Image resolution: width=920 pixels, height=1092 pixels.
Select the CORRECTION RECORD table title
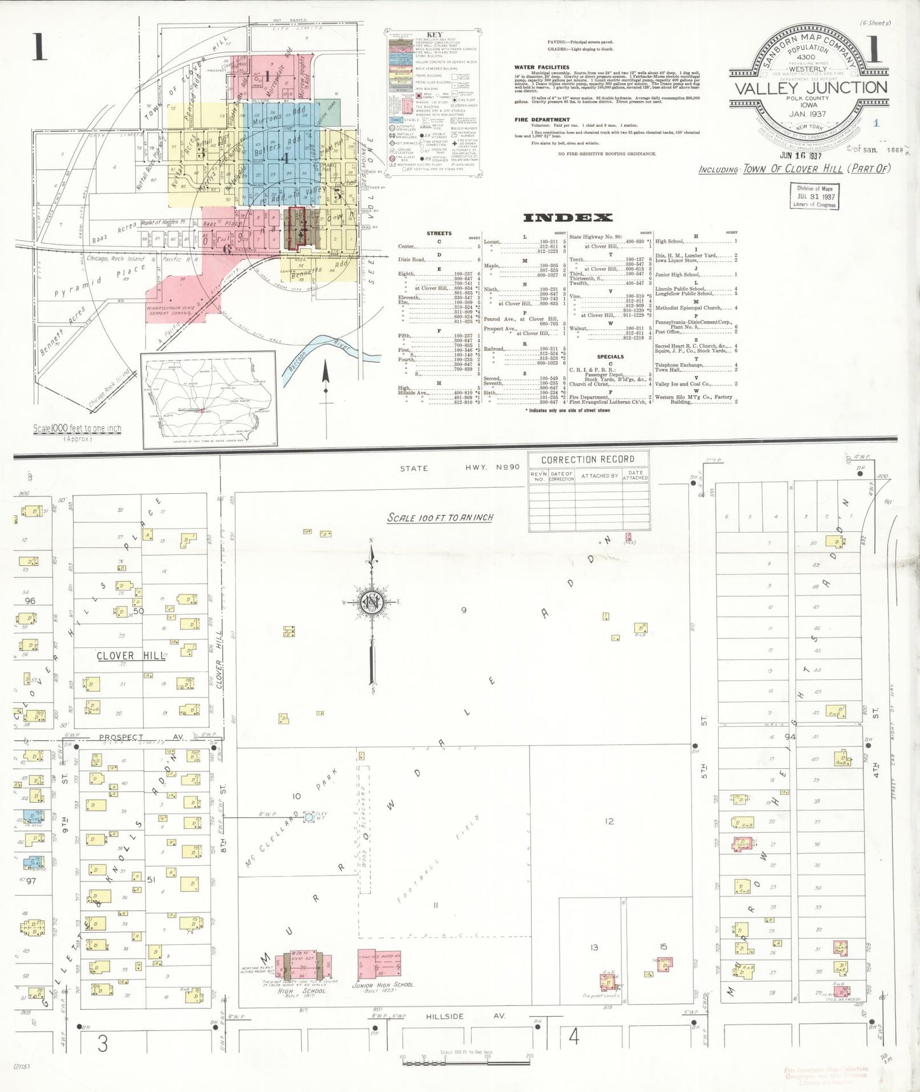click(588, 459)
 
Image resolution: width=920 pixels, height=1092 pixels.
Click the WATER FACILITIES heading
click(542, 67)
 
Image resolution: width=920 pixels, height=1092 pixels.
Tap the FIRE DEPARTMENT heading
click(542, 120)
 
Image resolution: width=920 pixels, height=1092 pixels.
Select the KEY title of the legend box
click(434, 35)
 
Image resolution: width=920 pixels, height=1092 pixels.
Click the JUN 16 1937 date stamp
click(800, 155)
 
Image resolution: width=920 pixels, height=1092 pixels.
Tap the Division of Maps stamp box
click(815, 196)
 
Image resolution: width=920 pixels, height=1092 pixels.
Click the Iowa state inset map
click(209, 400)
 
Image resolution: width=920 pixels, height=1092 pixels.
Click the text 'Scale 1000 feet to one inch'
click(77, 429)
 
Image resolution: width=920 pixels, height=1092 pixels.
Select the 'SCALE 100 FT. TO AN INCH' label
click(440, 517)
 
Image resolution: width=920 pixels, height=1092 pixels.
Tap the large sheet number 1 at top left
click(39, 47)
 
